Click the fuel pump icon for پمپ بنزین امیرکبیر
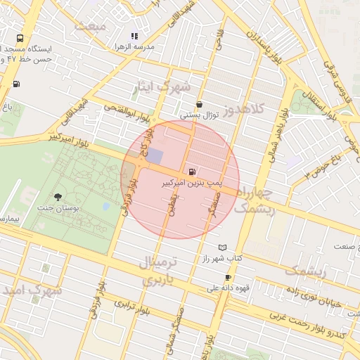coord(192,172)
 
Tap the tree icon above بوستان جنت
coord(58,198)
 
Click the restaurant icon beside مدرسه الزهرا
coord(134,36)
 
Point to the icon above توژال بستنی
coord(200,103)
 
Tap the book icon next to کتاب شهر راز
coord(223,248)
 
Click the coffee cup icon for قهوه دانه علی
coord(227,277)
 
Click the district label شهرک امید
coord(30,289)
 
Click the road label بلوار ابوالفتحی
coord(126,108)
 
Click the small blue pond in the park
coord(106,207)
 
